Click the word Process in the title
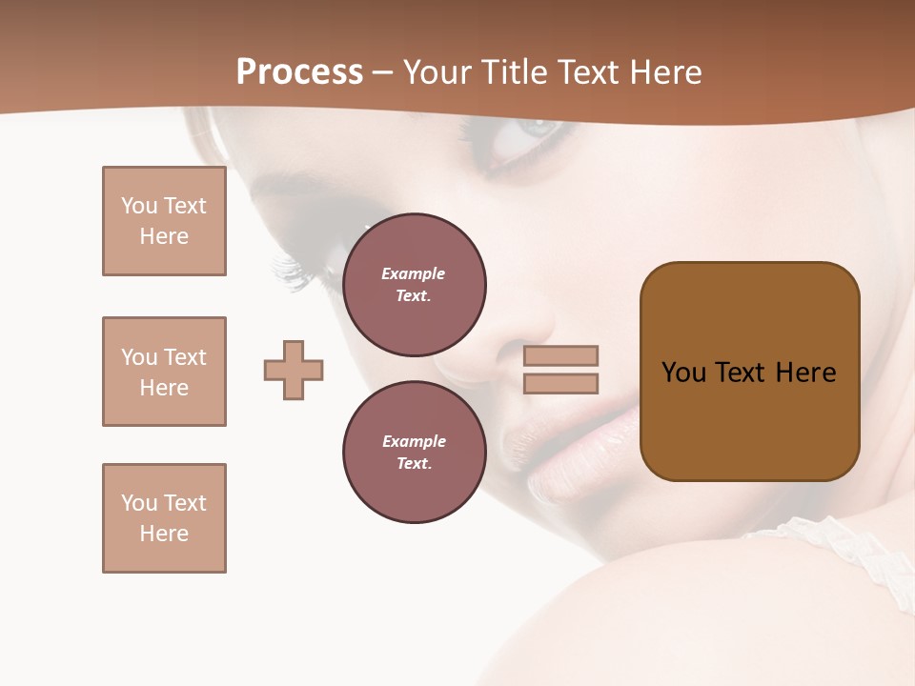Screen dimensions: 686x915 (x=299, y=72)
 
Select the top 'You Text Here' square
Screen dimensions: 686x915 (x=164, y=221)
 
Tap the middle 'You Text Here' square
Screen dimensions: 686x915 (x=164, y=372)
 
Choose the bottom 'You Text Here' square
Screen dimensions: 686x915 (x=164, y=518)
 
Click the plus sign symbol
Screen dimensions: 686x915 (x=294, y=370)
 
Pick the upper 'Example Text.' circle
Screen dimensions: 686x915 (x=415, y=285)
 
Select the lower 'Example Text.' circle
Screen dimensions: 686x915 (x=415, y=453)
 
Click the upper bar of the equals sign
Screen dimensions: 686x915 (x=561, y=355)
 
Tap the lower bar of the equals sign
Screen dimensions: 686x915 (x=561, y=384)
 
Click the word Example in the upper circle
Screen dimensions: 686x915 (x=414, y=273)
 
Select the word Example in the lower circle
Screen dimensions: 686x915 (x=414, y=441)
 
